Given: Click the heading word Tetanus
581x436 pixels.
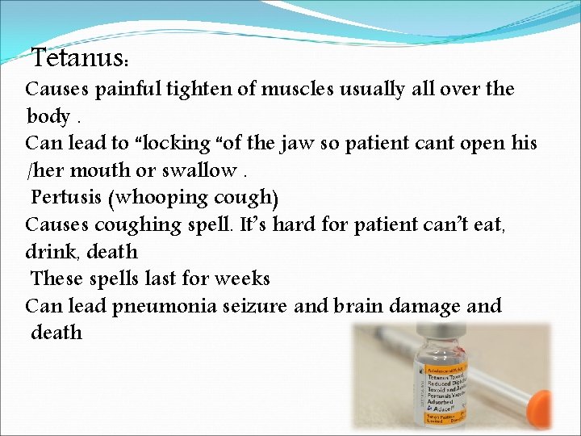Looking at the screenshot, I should click(77, 58).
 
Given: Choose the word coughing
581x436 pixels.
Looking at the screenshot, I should click(136, 224).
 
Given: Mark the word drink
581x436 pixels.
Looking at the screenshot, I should click(48, 252).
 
